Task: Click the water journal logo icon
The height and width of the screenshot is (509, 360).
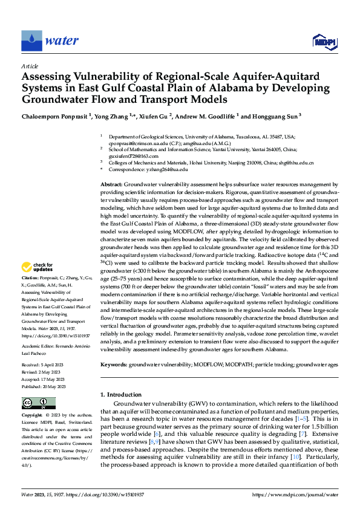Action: tap(32, 41)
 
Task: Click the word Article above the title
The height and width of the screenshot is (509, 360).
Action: tap(30, 66)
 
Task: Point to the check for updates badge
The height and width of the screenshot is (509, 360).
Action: tap(37, 267)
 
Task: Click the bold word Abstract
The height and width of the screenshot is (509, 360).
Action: tap(111, 184)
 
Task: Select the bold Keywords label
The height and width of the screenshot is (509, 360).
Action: tap(113, 365)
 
